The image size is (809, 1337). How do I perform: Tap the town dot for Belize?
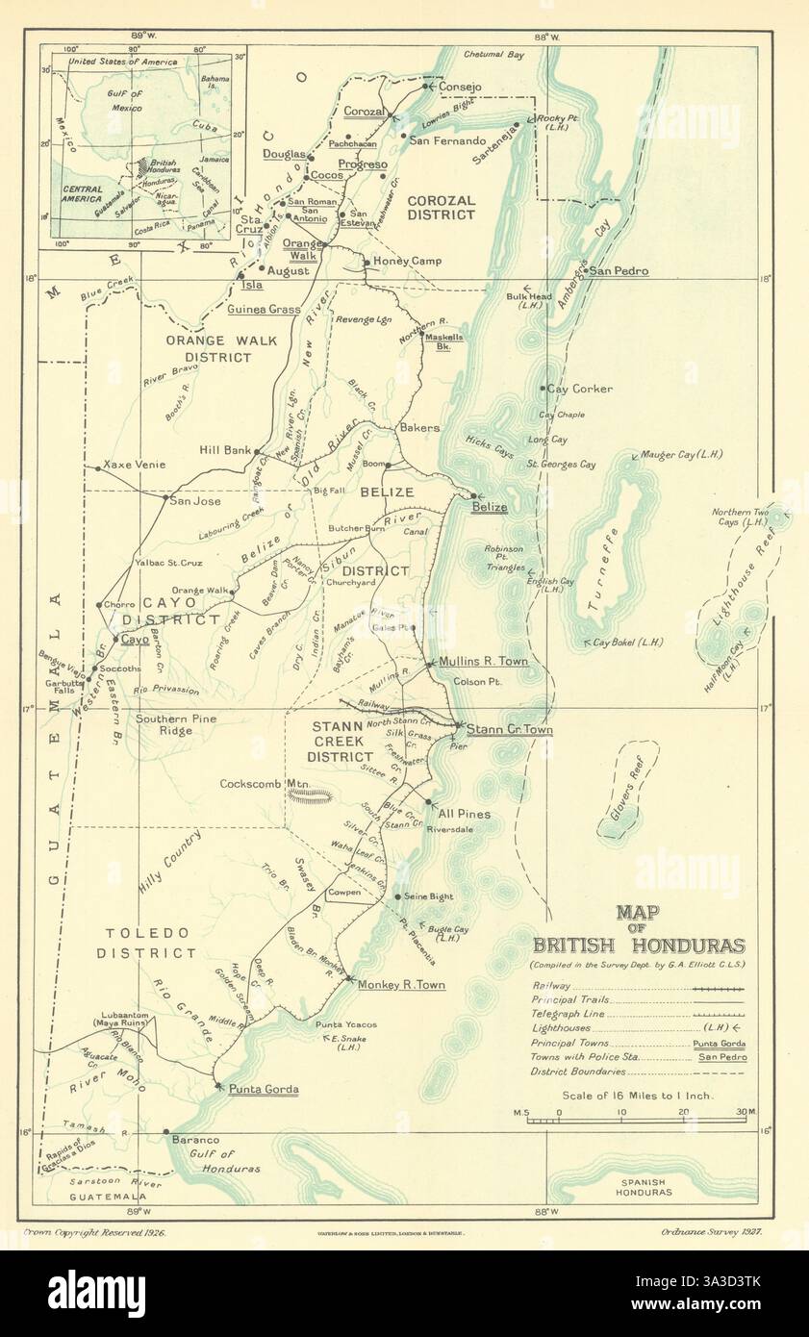point(473,496)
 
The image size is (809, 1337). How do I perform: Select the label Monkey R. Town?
point(400,985)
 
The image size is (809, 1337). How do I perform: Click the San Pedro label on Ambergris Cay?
point(619,271)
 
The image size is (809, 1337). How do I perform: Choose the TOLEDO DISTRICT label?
point(150,943)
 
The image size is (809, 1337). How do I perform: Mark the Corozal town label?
point(365,111)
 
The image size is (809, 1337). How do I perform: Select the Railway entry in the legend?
point(550,986)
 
